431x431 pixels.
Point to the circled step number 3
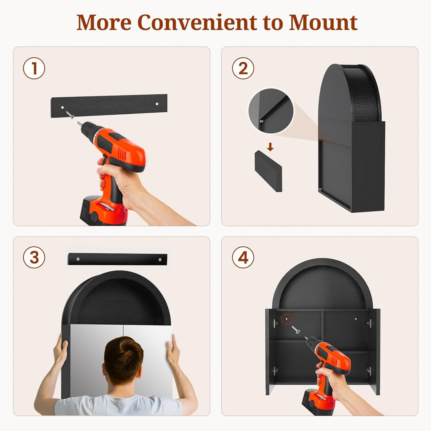[x=34, y=257]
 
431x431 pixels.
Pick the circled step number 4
[x=243, y=257]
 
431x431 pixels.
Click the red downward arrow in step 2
[x=270, y=147]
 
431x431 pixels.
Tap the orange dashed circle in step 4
[x=286, y=319]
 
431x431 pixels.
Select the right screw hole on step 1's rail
[x=157, y=104]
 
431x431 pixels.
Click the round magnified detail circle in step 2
[x=271, y=111]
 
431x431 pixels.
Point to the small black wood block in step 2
[x=268, y=171]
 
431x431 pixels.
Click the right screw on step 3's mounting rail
[x=160, y=260]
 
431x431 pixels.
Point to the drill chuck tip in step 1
[x=79, y=123]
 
